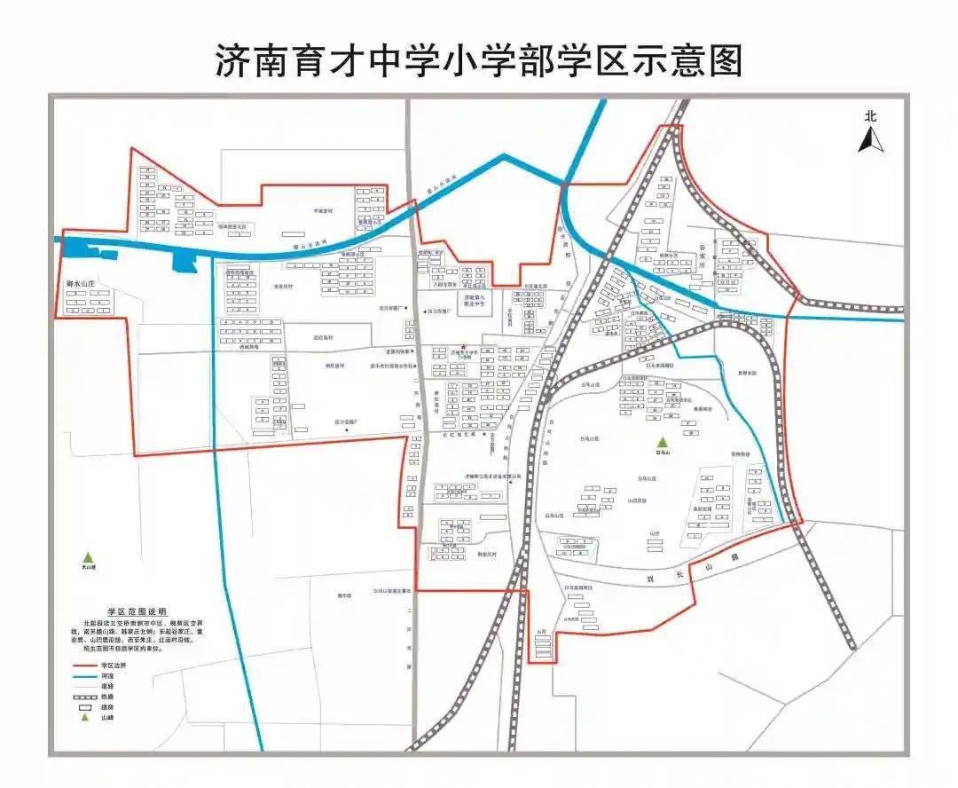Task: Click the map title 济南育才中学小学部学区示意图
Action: pyautogui.click(x=478, y=60)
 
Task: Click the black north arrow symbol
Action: pyautogui.click(x=870, y=139)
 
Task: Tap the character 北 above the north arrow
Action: pyautogui.click(x=870, y=115)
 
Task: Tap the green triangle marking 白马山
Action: pyautogui.click(x=659, y=443)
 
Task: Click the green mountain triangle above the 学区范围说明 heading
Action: pyautogui.click(x=88, y=556)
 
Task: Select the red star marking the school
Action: pyautogui.click(x=462, y=346)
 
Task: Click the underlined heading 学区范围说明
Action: pyautogui.click(x=137, y=612)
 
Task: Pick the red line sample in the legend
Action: pyautogui.click(x=86, y=665)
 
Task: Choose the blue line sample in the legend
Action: pyautogui.click(x=86, y=675)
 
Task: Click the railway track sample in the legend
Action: pyautogui.click(x=86, y=697)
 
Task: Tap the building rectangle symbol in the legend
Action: pyautogui.click(x=86, y=707)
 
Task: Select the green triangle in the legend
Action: pyautogui.click(x=86, y=718)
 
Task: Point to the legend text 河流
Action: pyautogui.click(x=108, y=675)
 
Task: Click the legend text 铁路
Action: pyautogui.click(x=108, y=697)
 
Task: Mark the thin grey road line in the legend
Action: pyautogui.click(x=86, y=686)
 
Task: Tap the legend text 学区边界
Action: pyautogui.click(x=113, y=665)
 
